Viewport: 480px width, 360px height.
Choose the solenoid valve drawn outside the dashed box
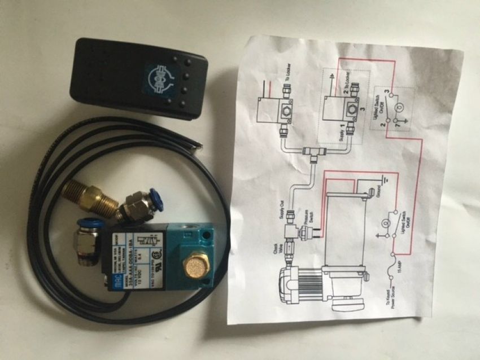click(x=270, y=107)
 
